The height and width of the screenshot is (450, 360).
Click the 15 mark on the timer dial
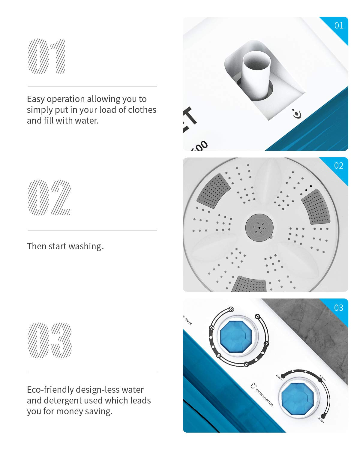click(231, 309)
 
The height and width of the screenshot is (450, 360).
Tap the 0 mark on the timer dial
click(257, 316)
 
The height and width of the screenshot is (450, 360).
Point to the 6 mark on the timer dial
click(246, 364)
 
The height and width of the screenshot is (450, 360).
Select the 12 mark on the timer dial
click(212, 328)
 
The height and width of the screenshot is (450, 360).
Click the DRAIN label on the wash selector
click(321, 420)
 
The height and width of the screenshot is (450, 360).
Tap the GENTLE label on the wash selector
click(279, 378)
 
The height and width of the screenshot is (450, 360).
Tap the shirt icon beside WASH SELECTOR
click(253, 385)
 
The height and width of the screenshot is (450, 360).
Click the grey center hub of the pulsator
click(259, 227)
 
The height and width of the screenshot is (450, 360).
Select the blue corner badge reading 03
click(339, 308)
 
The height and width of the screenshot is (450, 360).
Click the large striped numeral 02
click(49, 197)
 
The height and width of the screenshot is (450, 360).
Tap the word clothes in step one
click(142, 110)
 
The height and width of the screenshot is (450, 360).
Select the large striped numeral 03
click(50, 340)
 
